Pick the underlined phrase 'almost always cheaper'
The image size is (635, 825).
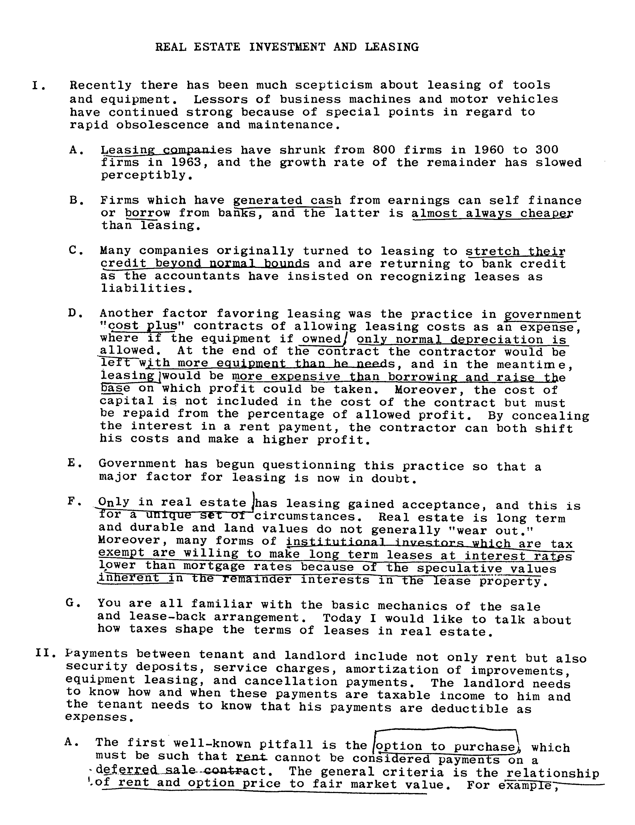[x=492, y=213]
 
